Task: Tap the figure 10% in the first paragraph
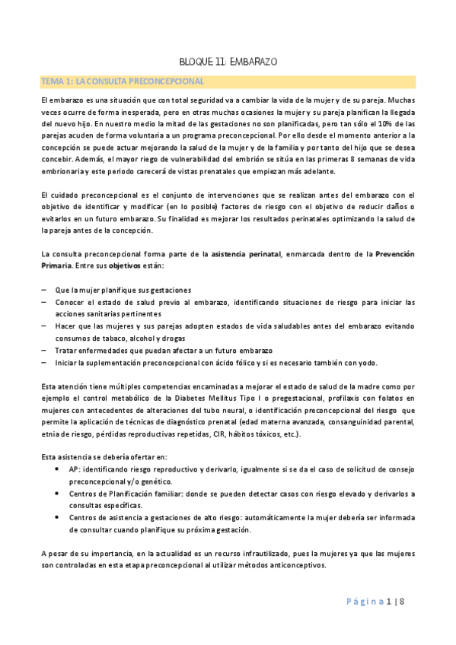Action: click(x=376, y=122)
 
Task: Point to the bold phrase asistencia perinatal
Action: click(x=246, y=253)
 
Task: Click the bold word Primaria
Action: click(x=58, y=266)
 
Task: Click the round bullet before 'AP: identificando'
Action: click(x=59, y=469)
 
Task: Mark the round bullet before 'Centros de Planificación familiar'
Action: click(x=59, y=494)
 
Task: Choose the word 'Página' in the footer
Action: click(x=362, y=602)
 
